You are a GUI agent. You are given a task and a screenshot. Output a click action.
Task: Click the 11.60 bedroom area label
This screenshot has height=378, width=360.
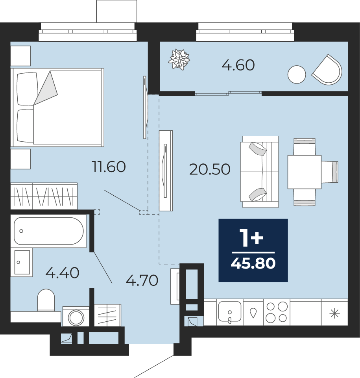tap(109, 167)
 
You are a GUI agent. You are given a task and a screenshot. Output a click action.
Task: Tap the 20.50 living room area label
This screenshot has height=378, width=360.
tap(210, 169)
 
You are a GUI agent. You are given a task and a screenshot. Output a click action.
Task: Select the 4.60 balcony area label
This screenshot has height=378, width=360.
tap(238, 65)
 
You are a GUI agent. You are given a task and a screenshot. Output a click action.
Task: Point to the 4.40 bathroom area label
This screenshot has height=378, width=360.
tap(62, 273)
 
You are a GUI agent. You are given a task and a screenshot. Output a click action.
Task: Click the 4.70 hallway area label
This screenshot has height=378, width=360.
tap(142, 280)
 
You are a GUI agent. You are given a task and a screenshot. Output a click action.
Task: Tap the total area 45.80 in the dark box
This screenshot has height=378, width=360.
tap(253, 263)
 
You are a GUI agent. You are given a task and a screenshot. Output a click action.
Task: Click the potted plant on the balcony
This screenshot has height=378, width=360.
tap(179, 59)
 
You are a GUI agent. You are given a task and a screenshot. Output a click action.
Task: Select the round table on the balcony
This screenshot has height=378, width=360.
tap(297, 74)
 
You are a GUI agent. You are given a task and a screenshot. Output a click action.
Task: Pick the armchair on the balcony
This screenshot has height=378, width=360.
tap(327, 70)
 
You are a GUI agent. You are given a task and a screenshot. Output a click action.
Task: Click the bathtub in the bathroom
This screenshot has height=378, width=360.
tap(49, 231)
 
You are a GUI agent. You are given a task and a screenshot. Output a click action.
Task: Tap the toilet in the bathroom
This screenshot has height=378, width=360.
tap(46, 300)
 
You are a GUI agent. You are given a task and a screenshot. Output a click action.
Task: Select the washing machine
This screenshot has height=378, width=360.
tap(76, 317)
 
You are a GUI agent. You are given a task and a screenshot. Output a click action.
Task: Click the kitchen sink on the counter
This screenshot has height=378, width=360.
tap(230, 312)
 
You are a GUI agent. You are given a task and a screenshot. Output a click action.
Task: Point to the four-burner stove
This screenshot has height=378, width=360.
tap(277, 312)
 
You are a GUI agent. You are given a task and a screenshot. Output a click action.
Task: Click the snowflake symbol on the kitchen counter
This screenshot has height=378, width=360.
tap(334, 314)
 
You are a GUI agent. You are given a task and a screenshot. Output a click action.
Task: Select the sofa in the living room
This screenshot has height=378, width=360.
tap(260, 172)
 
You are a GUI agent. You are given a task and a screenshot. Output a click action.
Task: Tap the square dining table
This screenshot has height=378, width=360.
tap(305, 172)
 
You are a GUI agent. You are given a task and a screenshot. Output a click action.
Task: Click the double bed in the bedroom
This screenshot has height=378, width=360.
tap(57, 107)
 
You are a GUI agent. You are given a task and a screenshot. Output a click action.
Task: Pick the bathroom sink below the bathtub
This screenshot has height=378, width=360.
tap(22, 262)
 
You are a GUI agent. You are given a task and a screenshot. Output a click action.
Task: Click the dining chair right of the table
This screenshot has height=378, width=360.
tap(330, 172)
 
